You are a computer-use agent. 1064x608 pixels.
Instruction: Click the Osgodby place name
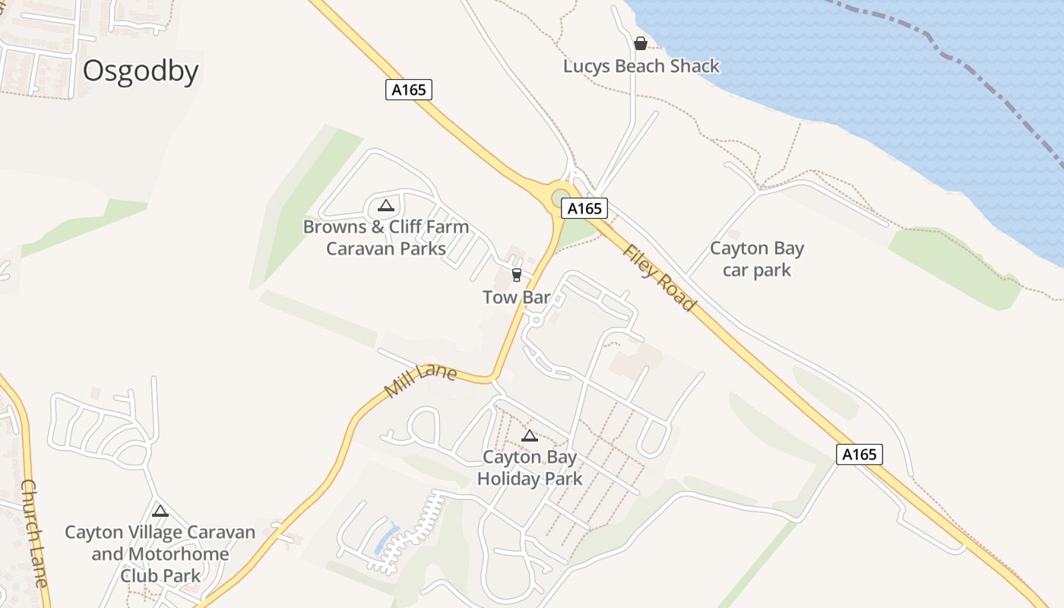coord(141,71)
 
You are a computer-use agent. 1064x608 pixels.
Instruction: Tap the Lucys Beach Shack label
coord(641,66)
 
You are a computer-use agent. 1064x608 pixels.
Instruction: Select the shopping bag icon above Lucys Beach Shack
coord(641,43)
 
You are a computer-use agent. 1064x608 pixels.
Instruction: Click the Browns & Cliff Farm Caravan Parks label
coord(386,237)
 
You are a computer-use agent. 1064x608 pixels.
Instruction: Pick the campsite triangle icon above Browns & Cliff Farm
coord(385,205)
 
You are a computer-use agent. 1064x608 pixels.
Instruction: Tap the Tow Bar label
coord(516,297)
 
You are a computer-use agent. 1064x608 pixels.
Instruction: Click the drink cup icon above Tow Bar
coord(517,274)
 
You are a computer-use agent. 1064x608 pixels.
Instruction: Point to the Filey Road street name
coord(659,277)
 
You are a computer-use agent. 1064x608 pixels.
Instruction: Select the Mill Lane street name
coord(420,381)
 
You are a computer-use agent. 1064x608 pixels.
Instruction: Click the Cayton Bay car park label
coord(757,259)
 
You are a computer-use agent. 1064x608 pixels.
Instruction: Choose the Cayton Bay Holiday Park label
coord(530,468)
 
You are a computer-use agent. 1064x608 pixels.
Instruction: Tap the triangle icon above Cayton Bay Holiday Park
coord(530,435)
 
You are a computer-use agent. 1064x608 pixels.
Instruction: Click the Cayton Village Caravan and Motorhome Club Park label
coord(160,553)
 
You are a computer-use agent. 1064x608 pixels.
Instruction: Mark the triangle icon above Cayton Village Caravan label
coord(160,511)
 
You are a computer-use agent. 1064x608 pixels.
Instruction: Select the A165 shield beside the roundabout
coord(584,208)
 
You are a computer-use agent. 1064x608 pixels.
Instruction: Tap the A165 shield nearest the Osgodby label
coord(409,90)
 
